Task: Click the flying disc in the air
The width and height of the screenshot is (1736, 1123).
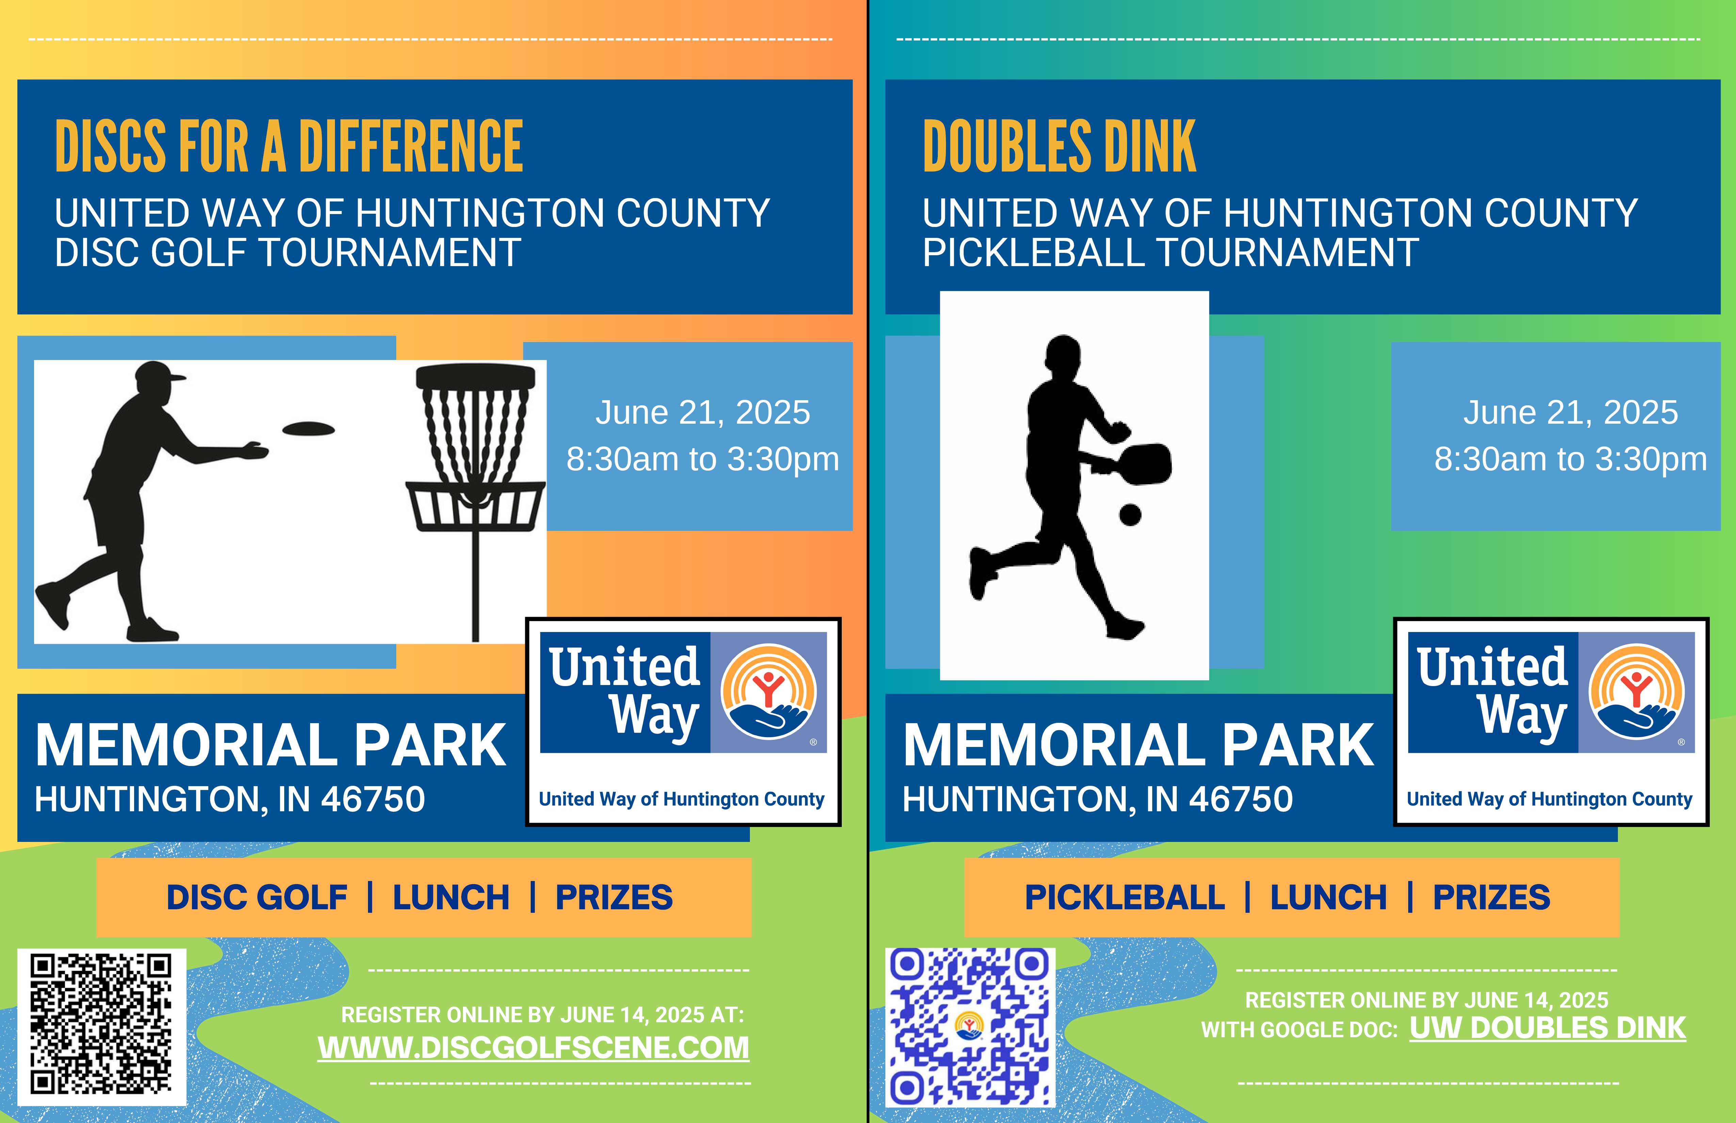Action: click(308, 429)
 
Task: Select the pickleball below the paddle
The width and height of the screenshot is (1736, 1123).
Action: click(1130, 515)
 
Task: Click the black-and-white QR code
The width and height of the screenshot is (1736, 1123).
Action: click(101, 1025)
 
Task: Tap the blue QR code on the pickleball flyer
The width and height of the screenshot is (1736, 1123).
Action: click(970, 1027)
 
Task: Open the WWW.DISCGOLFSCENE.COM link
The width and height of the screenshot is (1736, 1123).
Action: click(533, 1048)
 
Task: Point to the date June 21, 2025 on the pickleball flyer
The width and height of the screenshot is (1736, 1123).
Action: click(1571, 413)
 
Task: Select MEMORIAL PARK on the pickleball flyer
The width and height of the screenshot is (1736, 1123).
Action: click(1139, 745)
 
